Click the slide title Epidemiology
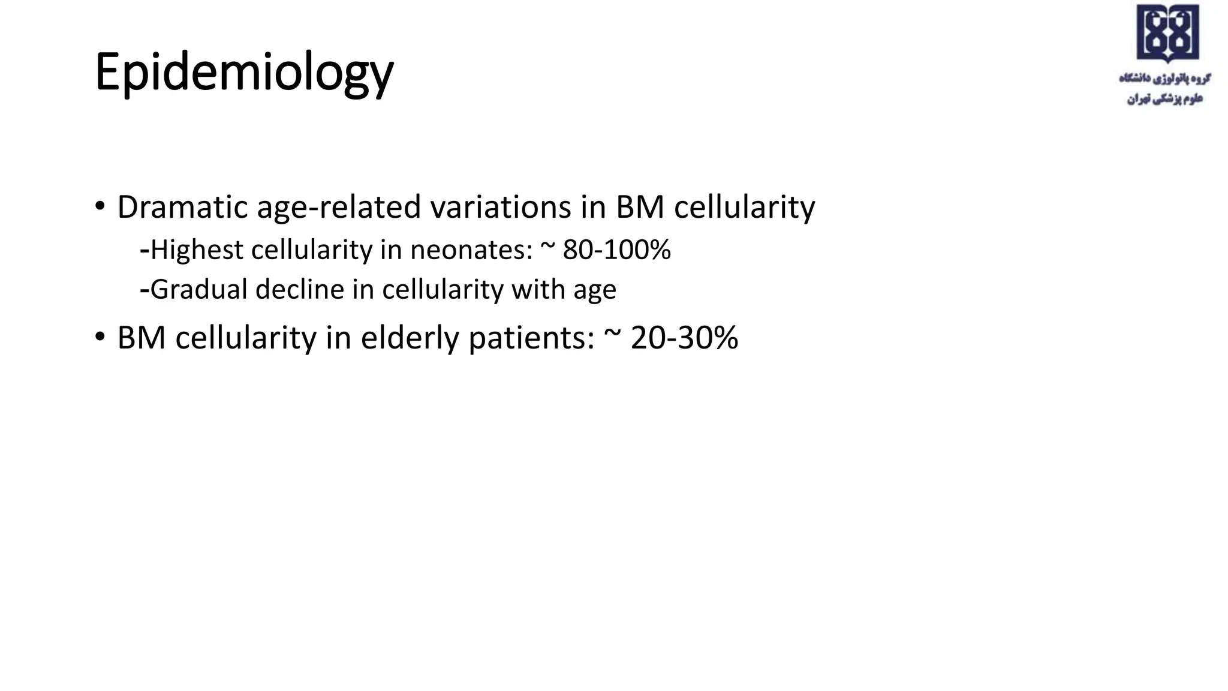coord(244,72)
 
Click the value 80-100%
coord(616,250)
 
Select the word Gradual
coord(198,289)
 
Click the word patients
coord(531,338)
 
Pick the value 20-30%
coord(684,338)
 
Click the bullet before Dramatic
coord(100,207)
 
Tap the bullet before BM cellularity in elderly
coord(100,337)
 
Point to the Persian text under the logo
coord(1164,88)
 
